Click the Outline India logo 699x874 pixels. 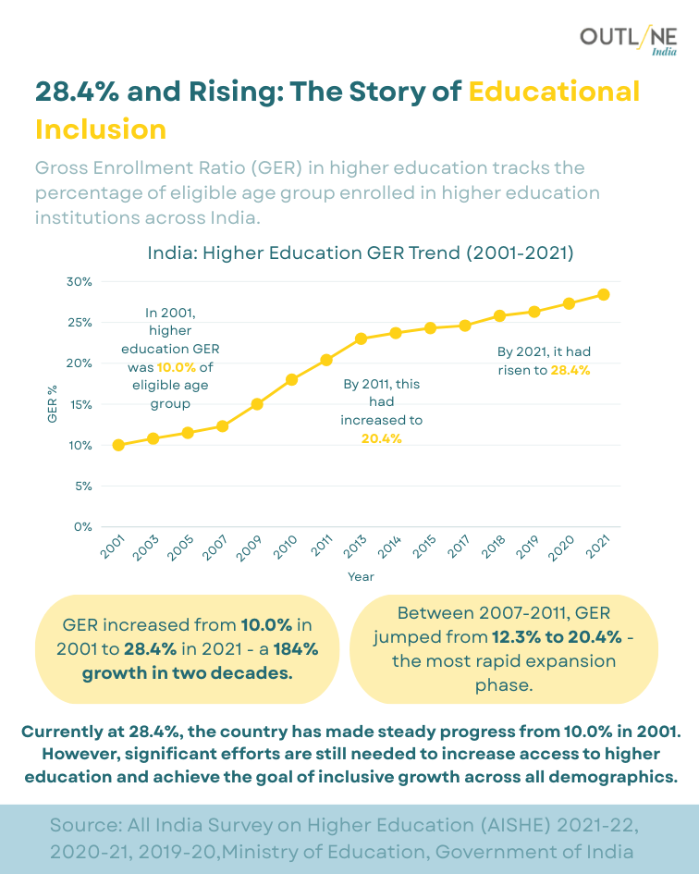tap(628, 40)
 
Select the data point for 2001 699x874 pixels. tap(118, 445)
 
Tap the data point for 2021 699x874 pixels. tap(604, 294)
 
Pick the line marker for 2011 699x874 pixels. tap(326, 360)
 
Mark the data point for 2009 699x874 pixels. tap(257, 404)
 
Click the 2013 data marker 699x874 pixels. tap(361, 339)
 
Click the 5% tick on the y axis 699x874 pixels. tap(83, 486)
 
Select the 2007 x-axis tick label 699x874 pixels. tap(215, 548)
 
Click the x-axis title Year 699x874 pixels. tap(361, 576)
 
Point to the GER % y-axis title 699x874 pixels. tap(53, 403)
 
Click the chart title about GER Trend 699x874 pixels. tap(361, 252)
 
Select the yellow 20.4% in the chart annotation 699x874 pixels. tap(382, 438)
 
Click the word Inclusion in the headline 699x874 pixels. tap(101, 128)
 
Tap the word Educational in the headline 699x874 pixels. tap(554, 92)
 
